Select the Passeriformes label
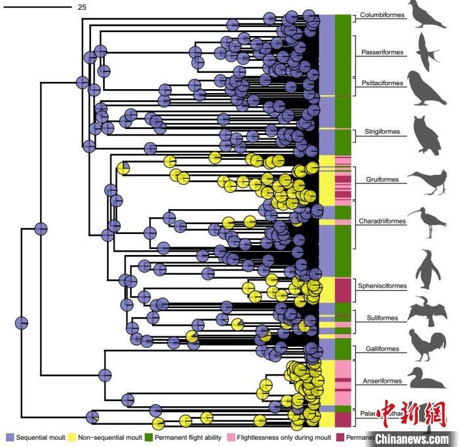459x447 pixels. pyautogui.click(x=383, y=52)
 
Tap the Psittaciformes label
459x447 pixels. pyautogui.click(x=382, y=83)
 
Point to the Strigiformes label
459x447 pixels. pyautogui.click(x=382, y=132)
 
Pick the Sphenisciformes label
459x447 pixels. pyautogui.click(x=382, y=286)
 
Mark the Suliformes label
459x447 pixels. pyautogui.click(x=378, y=319)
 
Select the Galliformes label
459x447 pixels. pyautogui.click(x=380, y=349)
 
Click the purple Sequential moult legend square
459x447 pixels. pyautogui.click(x=10, y=437)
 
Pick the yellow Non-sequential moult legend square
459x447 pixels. pyautogui.click(x=72, y=437)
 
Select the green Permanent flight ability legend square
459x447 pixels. pyautogui.click(x=149, y=437)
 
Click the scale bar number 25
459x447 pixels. pyautogui.click(x=82, y=7)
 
